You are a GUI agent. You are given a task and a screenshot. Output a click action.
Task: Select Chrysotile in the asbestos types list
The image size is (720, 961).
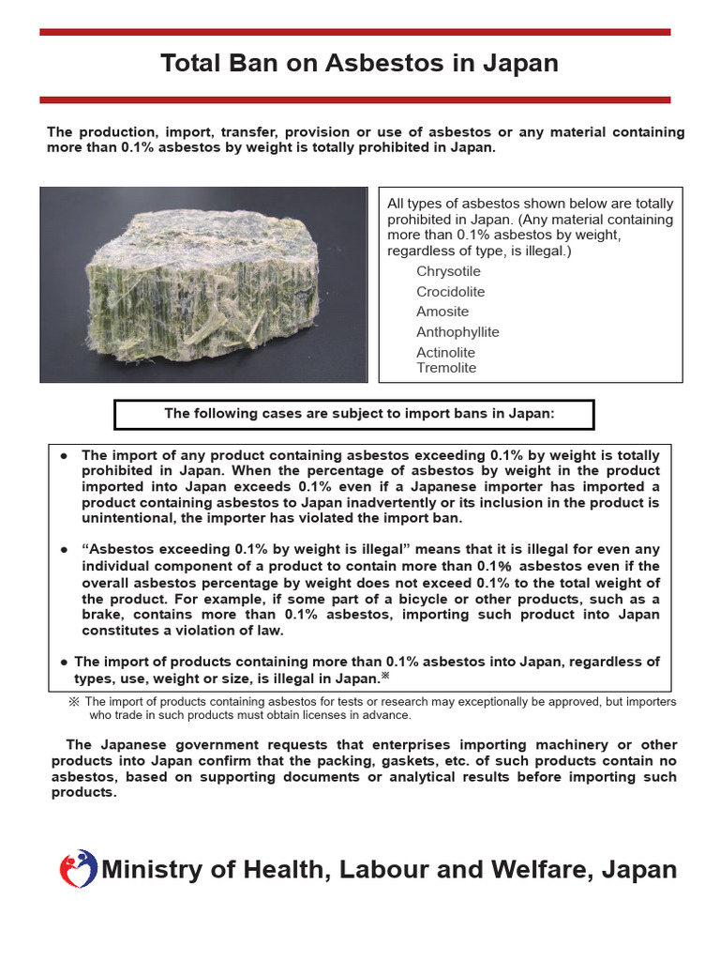coord(448,271)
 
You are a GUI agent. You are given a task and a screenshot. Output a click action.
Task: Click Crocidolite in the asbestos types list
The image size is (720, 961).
coord(451,292)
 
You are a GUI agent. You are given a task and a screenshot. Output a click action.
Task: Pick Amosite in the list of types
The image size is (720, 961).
coord(442,312)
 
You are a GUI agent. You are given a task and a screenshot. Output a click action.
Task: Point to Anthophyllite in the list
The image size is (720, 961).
coord(457,332)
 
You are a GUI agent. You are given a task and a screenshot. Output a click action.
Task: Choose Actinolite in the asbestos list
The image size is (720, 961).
coord(445,353)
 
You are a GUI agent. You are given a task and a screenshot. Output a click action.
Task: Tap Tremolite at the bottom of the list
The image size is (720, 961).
coord(446,368)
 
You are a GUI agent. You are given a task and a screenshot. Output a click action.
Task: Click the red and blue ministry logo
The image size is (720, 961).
coord(77,870)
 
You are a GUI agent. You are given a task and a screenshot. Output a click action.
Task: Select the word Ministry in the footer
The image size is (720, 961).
coord(151,870)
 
